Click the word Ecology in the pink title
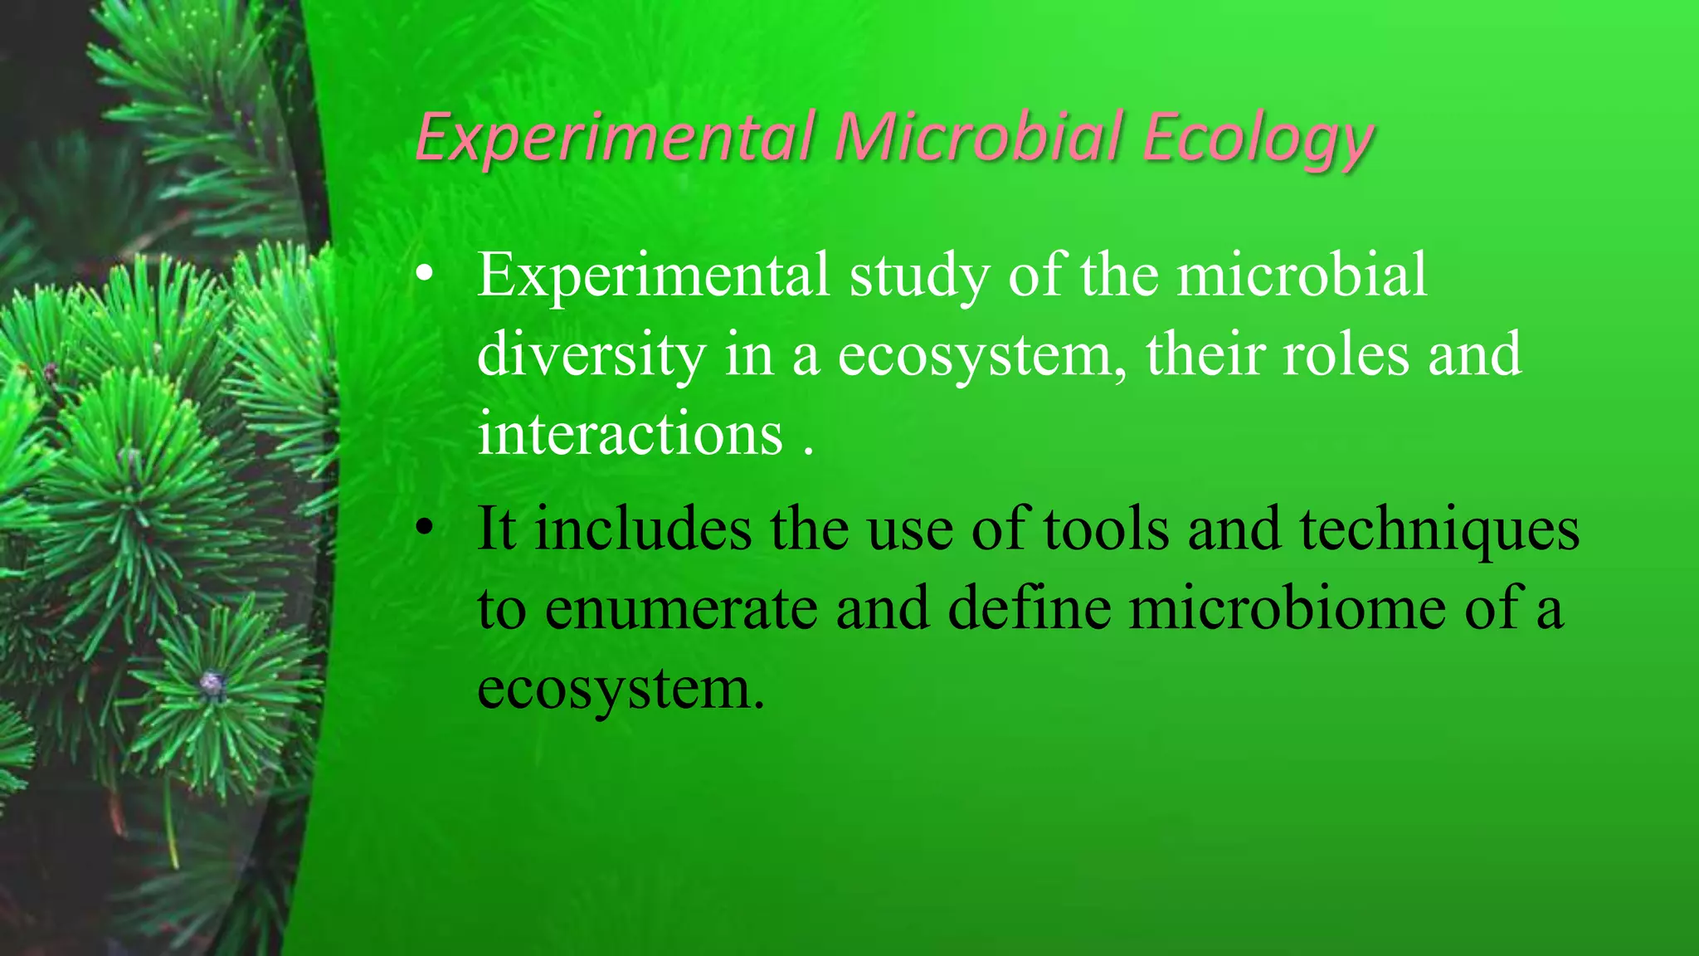[1257, 138]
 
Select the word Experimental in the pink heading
[614, 138]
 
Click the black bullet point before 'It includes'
[425, 528]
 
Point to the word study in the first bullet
[918, 276]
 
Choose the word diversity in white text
[591, 355]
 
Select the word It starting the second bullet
[497, 528]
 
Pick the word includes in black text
[643, 528]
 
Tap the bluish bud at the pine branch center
[212, 684]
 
